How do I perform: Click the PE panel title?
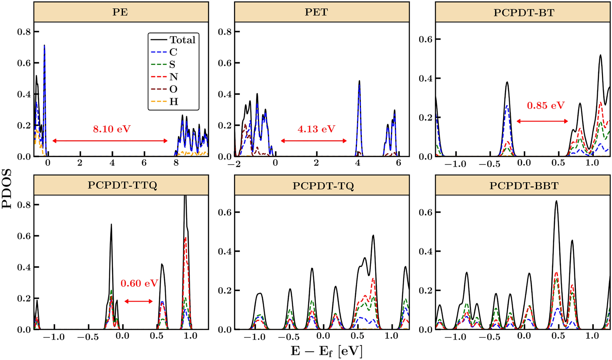click(x=120, y=12)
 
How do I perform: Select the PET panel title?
click(x=316, y=12)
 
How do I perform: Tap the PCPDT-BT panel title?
click(x=524, y=13)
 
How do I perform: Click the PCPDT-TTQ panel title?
click(x=122, y=185)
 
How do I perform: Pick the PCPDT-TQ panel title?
click(x=323, y=186)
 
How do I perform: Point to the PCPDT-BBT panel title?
click(x=524, y=186)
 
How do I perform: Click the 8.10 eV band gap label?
click(x=112, y=129)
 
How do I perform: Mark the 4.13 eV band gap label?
click(x=316, y=129)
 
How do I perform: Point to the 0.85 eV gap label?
click(x=546, y=105)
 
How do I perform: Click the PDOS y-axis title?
click(x=7, y=188)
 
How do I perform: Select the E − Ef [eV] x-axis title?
click(x=326, y=351)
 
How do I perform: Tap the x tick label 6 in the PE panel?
click(x=144, y=163)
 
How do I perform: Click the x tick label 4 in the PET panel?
click(x=358, y=163)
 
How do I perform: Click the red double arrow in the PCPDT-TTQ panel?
click(x=138, y=301)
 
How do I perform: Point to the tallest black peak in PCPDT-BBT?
click(x=556, y=202)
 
